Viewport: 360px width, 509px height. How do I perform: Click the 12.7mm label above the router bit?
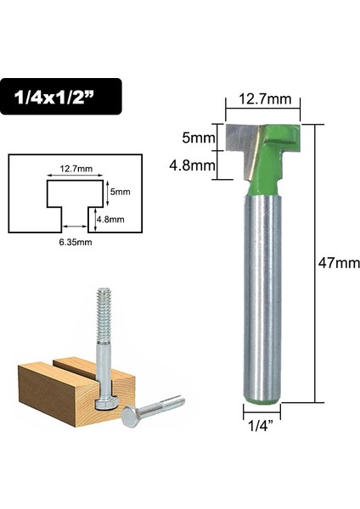264,99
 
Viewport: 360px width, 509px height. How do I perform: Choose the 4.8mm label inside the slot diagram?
110,219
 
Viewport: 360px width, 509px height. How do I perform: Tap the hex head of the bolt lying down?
132,417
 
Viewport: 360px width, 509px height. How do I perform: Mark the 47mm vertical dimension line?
318,263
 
